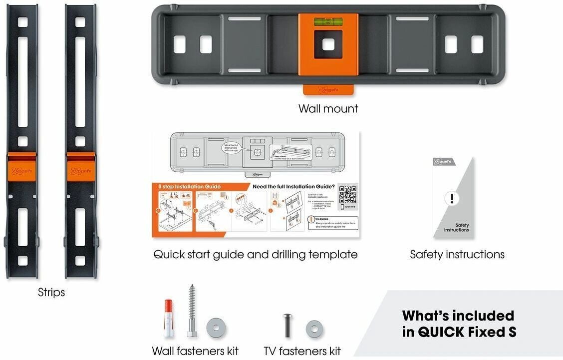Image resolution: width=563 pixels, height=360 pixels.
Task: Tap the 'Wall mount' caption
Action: [x=328, y=108]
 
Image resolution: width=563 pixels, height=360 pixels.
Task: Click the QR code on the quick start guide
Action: [x=347, y=194]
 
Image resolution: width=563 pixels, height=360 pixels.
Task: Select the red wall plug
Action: [x=168, y=319]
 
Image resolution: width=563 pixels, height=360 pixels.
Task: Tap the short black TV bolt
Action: [x=288, y=326]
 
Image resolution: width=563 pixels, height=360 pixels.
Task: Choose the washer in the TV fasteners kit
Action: [x=314, y=330]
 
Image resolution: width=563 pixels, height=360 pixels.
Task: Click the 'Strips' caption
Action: [x=51, y=292]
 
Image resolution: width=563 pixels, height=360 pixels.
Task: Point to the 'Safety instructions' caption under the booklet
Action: [x=457, y=254]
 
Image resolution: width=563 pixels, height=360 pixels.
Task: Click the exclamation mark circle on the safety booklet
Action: [x=452, y=198]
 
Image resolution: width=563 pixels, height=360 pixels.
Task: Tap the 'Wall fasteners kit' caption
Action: [x=195, y=351]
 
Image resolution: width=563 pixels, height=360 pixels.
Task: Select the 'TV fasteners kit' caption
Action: [x=302, y=351]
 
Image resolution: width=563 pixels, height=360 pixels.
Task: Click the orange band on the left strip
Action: [x=22, y=167]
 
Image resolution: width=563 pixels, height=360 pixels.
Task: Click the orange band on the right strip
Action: [x=80, y=167]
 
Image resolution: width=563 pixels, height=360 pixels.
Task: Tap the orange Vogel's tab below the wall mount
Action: [x=328, y=89]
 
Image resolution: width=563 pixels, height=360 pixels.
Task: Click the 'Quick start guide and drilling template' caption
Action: [x=255, y=254]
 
